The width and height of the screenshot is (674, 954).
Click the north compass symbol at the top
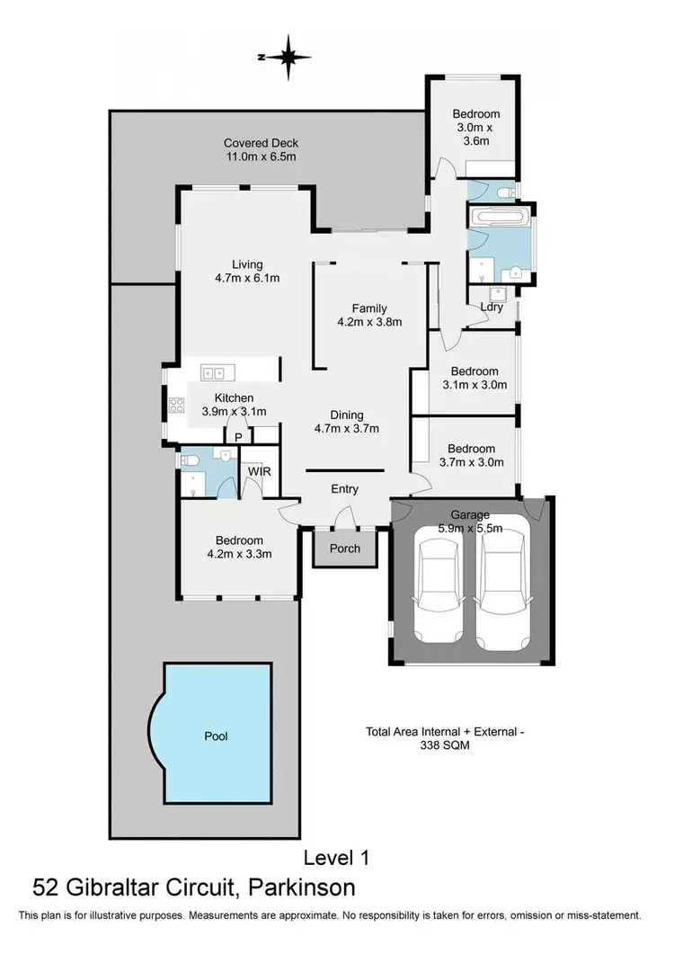coord(288,57)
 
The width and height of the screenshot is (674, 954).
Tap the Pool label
coord(216,736)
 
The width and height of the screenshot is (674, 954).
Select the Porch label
coord(345,548)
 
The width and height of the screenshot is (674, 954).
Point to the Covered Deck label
coord(261,143)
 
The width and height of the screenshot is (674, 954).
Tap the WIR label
coord(259,471)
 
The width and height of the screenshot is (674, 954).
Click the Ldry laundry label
coord(492,308)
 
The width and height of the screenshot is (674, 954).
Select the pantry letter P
coord(238,437)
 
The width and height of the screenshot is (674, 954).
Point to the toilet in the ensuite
coord(189,461)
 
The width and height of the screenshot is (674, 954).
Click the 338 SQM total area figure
coord(445,745)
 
